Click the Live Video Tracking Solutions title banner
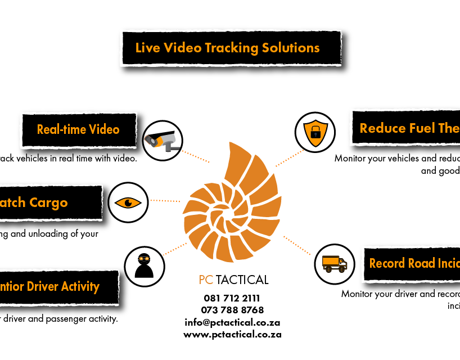pos(231,48)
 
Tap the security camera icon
pos(161,138)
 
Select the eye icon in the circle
pos(128,202)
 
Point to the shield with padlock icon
pos(315,133)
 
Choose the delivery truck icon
pos(334,264)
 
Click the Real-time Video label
pos(79,129)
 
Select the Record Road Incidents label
pos(413,263)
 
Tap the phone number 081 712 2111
pos(232,298)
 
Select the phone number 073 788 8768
pos(232,310)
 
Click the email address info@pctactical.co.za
pos(232,322)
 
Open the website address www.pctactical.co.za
pos(232,334)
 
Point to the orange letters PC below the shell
pos(205,280)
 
